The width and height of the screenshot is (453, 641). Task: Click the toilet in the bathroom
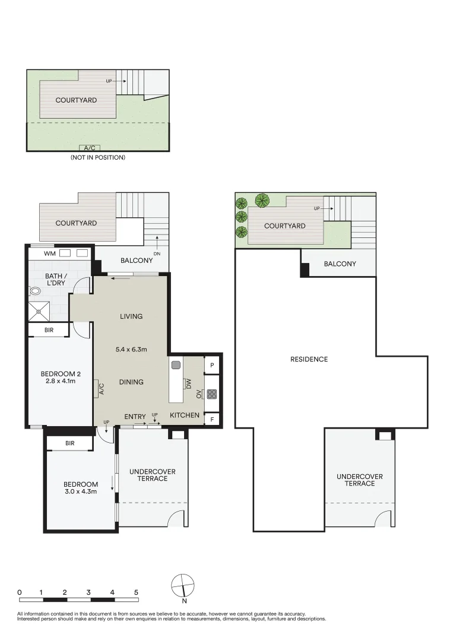point(34,291)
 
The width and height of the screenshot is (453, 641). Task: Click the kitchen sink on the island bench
point(176,365)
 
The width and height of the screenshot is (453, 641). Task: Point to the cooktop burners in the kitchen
point(212,393)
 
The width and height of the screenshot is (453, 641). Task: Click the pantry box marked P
point(212,366)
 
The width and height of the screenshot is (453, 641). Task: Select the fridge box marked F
point(212,419)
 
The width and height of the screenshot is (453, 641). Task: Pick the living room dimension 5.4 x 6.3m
point(131,350)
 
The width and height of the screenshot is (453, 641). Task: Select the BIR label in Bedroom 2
point(49,330)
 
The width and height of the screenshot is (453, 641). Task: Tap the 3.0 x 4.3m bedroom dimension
point(80,491)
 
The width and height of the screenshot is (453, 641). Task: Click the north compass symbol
point(183,586)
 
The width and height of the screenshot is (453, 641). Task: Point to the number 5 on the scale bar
point(136,592)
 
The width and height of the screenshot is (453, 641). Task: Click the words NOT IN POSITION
point(98,158)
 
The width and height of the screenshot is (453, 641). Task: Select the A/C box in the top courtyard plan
point(90,147)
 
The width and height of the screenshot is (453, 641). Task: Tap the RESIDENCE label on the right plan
point(309,359)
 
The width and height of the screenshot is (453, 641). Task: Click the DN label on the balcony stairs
point(157,253)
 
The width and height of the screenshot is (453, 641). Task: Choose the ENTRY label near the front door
point(135,417)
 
